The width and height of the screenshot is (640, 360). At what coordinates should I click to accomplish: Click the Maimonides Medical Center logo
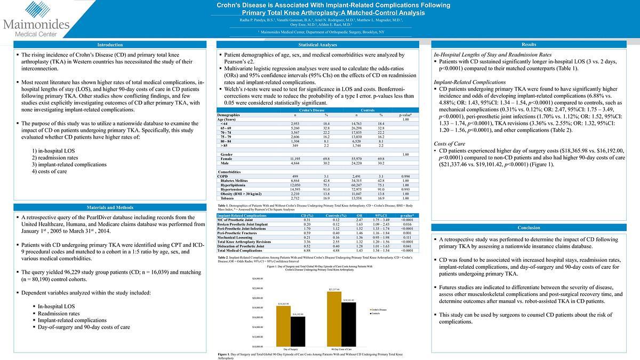(36, 21)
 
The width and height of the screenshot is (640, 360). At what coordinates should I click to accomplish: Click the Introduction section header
(110, 45)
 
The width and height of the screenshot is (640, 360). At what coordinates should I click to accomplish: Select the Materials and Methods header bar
(110, 207)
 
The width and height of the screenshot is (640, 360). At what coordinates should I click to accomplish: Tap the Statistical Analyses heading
(317, 45)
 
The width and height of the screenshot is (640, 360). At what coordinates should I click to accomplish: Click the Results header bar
(529, 45)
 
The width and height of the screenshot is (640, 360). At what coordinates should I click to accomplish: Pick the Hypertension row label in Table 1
(230, 189)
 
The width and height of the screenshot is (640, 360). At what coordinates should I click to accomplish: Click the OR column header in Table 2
(359, 215)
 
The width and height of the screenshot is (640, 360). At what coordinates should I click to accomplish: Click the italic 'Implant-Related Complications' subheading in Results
(469, 82)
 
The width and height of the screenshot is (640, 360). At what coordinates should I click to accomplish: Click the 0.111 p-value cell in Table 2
(407, 237)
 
